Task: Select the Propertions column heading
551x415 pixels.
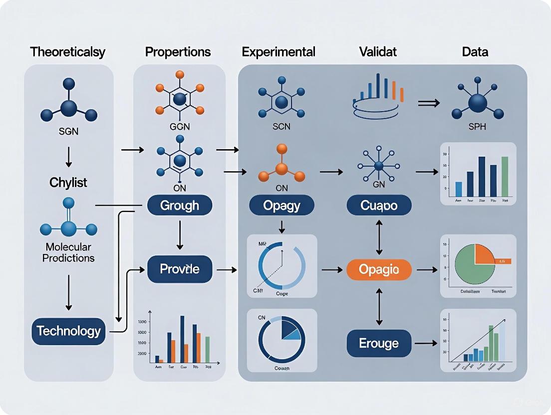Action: click(x=178, y=52)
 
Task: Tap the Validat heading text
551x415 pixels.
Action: click(x=377, y=51)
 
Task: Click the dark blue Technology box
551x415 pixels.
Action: click(x=68, y=331)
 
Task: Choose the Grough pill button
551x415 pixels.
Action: click(x=180, y=206)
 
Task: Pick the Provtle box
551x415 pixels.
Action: click(x=180, y=269)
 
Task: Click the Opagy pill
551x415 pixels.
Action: click(x=281, y=206)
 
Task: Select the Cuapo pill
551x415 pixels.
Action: click(x=379, y=206)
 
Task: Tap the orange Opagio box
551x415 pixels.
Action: click(x=379, y=269)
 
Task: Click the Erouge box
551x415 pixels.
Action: click(x=379, y=343)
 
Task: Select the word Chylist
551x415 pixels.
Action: click(x=68, y=183)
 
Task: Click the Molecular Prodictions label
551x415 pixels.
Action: click(x=68, y=252)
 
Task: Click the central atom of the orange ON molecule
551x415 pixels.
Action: click(x=281, y=168)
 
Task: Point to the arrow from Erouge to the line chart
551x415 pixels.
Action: click(x=426, y=343)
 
